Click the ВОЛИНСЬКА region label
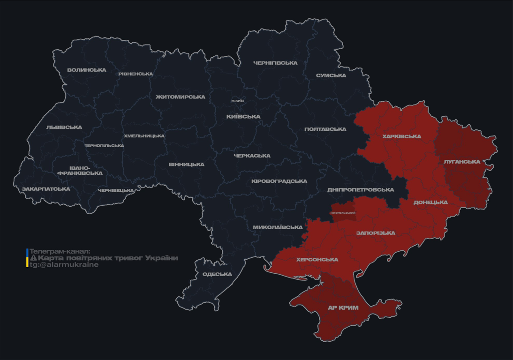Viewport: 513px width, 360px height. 87,70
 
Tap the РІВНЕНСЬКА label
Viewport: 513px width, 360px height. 136,74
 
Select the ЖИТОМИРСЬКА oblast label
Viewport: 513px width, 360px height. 181,97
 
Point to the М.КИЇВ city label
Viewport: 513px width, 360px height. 237,101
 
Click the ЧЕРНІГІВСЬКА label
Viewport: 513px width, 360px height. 275,63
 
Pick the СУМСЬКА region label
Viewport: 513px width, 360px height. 331,75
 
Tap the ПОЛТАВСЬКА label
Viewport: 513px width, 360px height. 325,129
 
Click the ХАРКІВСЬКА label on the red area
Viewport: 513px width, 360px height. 402,137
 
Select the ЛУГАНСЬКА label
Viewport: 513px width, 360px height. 462,162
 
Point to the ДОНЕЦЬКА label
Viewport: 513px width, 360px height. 430,202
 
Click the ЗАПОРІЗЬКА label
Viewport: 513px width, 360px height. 376,233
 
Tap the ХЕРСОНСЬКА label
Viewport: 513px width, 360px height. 317,260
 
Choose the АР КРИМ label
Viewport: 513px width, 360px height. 343,308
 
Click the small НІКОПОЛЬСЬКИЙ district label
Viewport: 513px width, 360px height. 343,213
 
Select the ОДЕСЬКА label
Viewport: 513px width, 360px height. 217,274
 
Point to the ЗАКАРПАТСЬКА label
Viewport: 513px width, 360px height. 46,189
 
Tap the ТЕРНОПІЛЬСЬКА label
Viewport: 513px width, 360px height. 104,146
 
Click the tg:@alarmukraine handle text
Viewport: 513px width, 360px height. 64,265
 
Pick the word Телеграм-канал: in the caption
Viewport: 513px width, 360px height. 60,251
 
